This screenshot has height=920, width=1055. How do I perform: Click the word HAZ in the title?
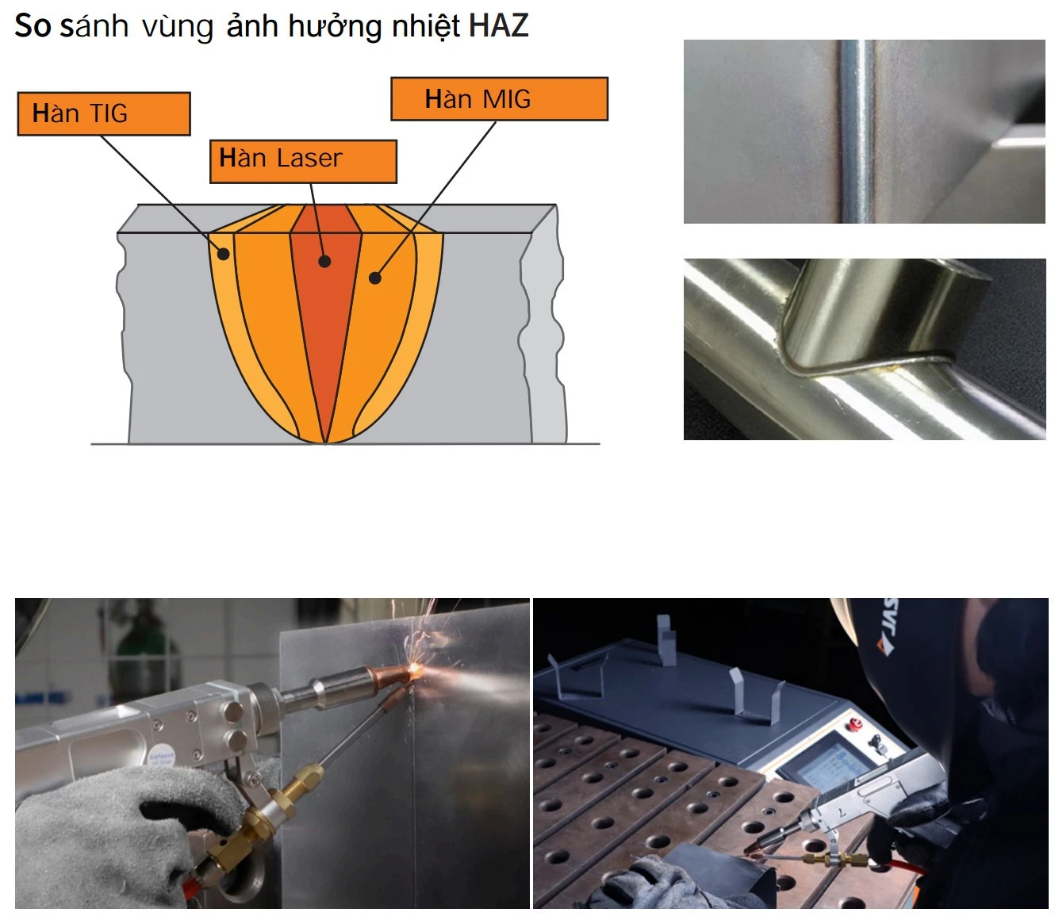tap(498, 25)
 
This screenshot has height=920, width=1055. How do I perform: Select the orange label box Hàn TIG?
tap(104, 113)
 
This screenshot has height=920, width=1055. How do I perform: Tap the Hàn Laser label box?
tap(303, 161)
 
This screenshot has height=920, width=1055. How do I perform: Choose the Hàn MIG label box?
tap(499, 99)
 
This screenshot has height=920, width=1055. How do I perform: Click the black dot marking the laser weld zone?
tap(324, 261)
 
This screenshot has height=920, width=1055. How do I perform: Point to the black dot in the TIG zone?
tap(224, 254)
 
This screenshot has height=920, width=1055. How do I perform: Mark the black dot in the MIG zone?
tap(375, 278)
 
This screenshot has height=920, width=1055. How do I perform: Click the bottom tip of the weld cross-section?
tap(325, 442)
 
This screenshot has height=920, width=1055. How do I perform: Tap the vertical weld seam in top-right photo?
tap(857, 132)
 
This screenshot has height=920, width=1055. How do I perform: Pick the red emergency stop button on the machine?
tap(856, 724)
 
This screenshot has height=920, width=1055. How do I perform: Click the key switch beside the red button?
tap(875, 743)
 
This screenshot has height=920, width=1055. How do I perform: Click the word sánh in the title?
tap(94, 25)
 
